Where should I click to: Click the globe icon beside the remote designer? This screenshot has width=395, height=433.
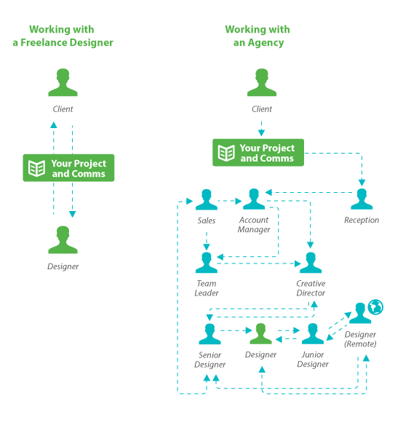375,307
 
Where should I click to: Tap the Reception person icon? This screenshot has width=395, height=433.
362,199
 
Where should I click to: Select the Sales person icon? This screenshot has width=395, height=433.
207,199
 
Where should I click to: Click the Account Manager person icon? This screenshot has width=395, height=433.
254,199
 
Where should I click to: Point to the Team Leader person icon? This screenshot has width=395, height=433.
207,263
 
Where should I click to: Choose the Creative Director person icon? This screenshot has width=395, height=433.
311,263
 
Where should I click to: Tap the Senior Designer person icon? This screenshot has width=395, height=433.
210,334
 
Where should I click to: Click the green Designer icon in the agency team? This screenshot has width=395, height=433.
260,333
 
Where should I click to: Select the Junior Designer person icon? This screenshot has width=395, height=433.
313,333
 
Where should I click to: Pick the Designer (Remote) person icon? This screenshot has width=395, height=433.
360,313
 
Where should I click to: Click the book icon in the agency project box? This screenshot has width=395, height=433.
226,153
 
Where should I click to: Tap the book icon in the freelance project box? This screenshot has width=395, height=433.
36,168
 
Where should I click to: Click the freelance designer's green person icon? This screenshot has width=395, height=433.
63,239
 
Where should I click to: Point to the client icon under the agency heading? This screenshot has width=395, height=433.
262,82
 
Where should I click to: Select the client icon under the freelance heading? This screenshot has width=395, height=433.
63,82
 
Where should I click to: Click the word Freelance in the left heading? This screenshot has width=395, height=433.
44,42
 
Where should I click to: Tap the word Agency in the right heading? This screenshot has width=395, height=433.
266,43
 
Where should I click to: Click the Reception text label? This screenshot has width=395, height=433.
362,220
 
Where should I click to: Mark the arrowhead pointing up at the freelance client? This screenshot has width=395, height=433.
54,125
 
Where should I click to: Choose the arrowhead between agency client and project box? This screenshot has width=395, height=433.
261,133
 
